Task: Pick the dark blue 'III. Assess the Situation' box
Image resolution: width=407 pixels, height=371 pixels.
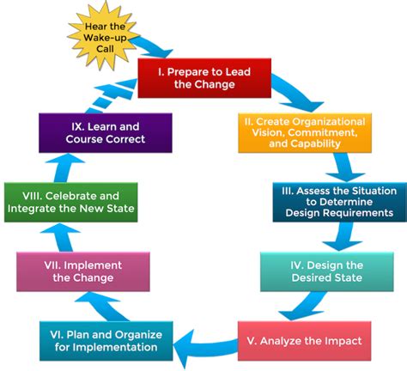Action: pos(338,202)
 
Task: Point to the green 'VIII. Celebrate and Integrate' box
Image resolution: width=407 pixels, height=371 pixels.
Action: pos(70,202)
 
